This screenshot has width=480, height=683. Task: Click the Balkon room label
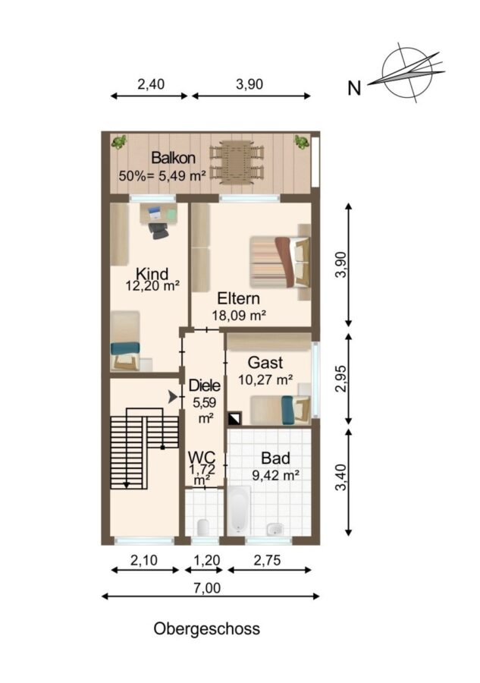[173, 158]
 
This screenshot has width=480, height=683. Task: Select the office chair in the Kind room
[158, 230]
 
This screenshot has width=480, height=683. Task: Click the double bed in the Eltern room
[280, 262]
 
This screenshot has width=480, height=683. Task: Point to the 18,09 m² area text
[239, 315]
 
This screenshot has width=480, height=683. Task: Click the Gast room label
[265, 363]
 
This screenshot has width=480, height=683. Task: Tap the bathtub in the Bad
[239, 511]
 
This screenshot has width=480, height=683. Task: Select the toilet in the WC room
[202, 527]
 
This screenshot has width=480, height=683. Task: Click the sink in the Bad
[275, 529]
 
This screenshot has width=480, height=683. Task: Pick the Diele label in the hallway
[205, 386]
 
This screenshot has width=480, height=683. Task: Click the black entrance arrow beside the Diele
[173, 396]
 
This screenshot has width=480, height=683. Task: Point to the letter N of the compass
[354, 89]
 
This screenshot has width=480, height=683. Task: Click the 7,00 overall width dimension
[207, 588]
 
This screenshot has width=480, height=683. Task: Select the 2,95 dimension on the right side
[342, 378]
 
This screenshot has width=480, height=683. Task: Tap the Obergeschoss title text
[207, 628]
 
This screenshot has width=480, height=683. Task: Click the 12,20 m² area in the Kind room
[152, 286]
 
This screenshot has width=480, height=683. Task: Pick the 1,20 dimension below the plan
[206, 560]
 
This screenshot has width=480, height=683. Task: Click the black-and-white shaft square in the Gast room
[234, 418]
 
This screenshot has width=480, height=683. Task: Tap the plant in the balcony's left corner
[118, 142]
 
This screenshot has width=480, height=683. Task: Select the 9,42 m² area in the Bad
[276, 475]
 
